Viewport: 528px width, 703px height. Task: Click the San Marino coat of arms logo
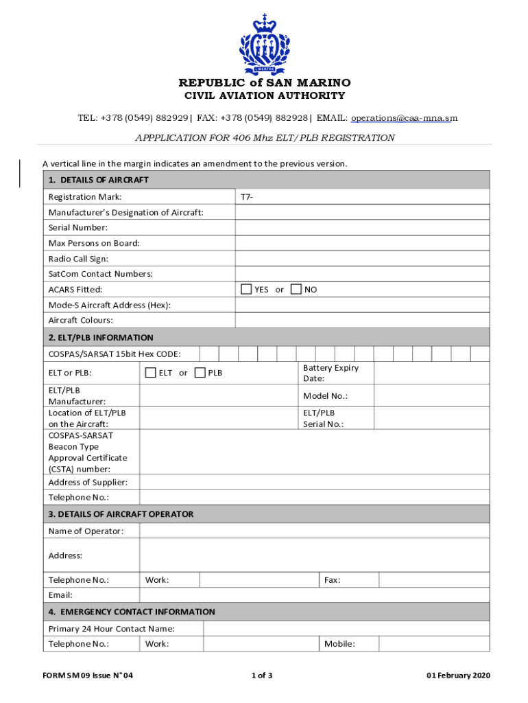pyautogui.click(x=265, y=44)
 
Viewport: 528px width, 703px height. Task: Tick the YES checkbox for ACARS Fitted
pyautogui.click(x=246, y=289)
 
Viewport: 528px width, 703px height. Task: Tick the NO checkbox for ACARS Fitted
pyautogui.click(x=296, y=289)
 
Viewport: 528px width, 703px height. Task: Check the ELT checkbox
pyautogui.click(x=150, y=373)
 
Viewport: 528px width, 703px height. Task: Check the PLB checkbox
pyautogui.click(x=200, y=373)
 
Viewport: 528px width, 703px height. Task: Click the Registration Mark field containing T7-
pyautogui.click(x=362, y=197)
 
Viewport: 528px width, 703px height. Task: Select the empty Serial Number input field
pyautogui.click(x=362, y=227)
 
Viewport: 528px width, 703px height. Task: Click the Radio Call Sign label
pyautogui.click(x=78, y=259)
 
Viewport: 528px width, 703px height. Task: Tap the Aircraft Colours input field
pyautogui.click(x=362, y=320)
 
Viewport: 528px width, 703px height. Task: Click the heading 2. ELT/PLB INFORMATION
pyautogui.click(x=101, y=337)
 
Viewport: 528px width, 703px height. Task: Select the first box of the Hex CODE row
pyautogui.click(x=209, y=354)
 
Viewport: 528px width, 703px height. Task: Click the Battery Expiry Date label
pyautogui.click(x=331, y=373)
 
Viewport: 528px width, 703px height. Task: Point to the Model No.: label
pyautogui.click(x=325, y=395)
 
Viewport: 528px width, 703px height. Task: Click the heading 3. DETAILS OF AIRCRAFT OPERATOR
pyautogui.click(x=121, y=514)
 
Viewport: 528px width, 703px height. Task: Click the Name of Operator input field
pyautogui.click(x=314, y=531)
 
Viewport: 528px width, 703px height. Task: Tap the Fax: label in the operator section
pyautogui.click(x=333, y=580)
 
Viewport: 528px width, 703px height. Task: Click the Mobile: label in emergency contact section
pyautogui.click(x=339, y=643)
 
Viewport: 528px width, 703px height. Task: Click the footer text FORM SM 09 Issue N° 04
pyautogui.click(x=88, y=676)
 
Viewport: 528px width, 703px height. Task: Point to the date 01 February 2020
pyautogui.click(x=458, y=676)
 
